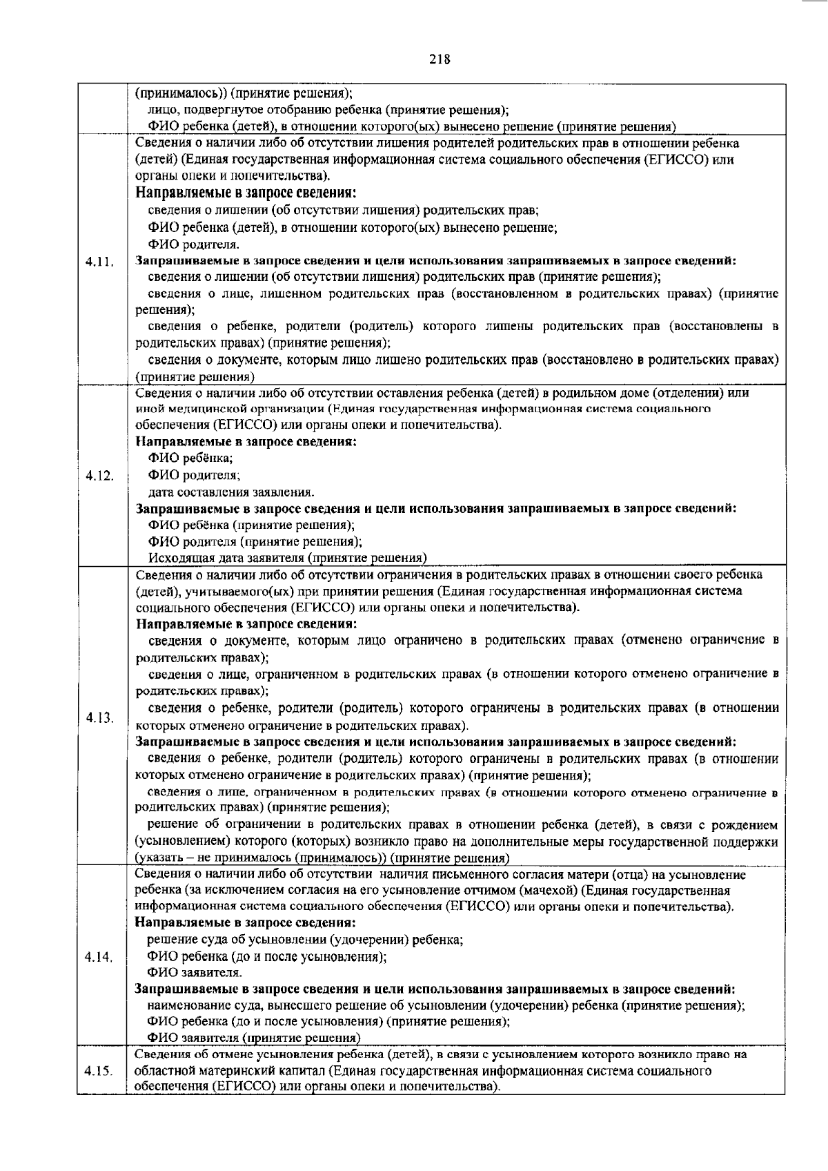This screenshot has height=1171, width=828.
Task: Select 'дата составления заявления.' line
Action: tap(231, 492)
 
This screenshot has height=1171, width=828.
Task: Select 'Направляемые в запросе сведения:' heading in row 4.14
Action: tap(246, 922)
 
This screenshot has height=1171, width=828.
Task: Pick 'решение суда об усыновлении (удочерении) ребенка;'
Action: tap(305, 940)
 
